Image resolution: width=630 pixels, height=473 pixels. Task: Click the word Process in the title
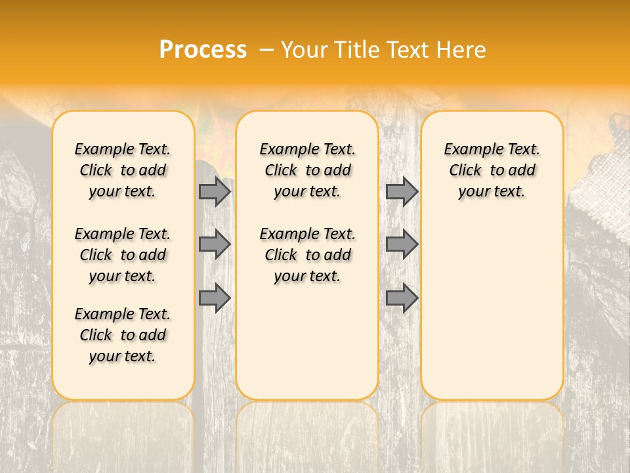pyautogui.click(x=203, y=50)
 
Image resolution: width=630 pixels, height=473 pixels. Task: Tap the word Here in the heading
pyautogui.click(x=461, y=50)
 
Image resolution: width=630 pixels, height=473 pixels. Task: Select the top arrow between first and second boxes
pyautogui.click(x=215, y=191)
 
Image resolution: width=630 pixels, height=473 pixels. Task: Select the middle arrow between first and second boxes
pyautogui.click(x=215, y=244)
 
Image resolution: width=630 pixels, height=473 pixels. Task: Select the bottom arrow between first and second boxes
pyautogui.click(x=215, y=298)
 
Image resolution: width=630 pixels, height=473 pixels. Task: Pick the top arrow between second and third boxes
pyautogui.click(x=402, y=191)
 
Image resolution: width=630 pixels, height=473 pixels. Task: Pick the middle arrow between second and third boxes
pyautogui.click(x=402, y=244)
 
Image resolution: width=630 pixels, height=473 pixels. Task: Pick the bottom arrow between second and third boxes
pyautogui.click(x=402, y=298)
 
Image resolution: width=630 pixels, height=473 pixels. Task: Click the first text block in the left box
pyautogui.click(x=123, y=170)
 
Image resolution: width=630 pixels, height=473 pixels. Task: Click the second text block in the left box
pyautogui.click(x=123, y=255)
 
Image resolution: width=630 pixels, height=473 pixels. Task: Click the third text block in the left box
pyautogui.click(x=123, y=335)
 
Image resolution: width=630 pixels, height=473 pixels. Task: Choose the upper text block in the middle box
pyautogui.click(x=307, y=170)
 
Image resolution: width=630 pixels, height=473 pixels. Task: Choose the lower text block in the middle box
pyautogui.click(x=307, y=255)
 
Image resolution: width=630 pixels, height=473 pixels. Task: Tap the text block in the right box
pyautogui.click(x=492, y=170)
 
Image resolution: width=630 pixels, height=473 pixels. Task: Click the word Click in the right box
pyautogui.click(x=465, y=171)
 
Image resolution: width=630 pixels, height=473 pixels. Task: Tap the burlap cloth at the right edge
pyautogui.click(x=600, y=177)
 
